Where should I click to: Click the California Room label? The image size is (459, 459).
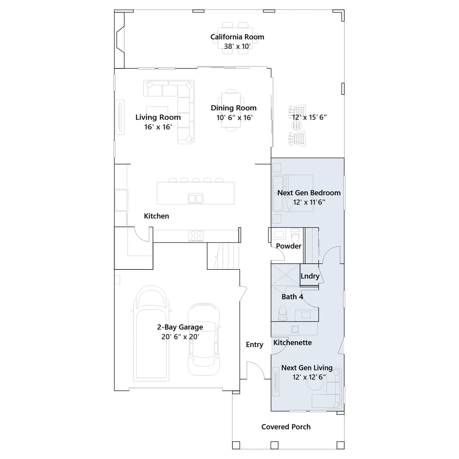(237, 37)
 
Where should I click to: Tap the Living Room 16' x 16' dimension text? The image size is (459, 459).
(158, 127)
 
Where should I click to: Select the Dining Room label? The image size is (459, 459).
(234, 108)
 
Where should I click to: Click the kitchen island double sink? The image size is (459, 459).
(196, 199)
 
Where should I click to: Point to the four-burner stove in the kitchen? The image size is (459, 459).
(196, 236)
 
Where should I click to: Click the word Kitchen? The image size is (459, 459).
(156, 216)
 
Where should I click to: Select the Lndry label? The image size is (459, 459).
(310, 276)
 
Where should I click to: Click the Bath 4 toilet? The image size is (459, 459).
(283, 313)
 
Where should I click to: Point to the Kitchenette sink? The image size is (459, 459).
(295, 329)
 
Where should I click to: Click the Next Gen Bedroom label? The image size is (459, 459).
(309, 193)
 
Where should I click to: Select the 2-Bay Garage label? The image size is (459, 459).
(180, 327)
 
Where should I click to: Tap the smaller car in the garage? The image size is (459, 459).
(204, 339)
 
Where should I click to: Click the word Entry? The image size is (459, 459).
(254, 345)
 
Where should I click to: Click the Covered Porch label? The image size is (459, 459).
(286, 427)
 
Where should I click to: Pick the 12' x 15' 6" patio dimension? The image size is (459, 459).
(309, 117)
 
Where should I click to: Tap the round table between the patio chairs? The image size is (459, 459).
(297, 125)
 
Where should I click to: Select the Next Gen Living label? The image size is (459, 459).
(307, 368)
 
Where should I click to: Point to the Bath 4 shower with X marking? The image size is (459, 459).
(286, 275)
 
